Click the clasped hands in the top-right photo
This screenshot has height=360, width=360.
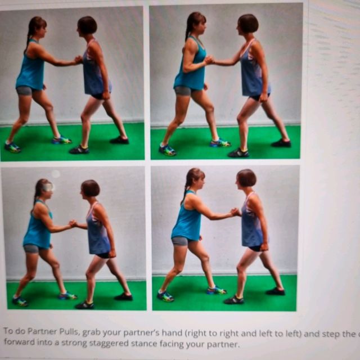[x=209, y=59]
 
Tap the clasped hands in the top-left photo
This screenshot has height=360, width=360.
[x=78, y=59]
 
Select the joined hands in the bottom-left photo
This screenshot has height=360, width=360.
[x=73, y=224]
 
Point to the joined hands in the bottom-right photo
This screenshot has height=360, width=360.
[x=235, y=212]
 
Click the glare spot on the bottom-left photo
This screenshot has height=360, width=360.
[x=55, y=174]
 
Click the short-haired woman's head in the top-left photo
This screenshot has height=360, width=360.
[x=88, y=25]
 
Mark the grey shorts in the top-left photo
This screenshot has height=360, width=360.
[x=24, y=91]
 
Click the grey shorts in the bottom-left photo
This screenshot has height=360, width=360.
[x=31, y=249]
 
